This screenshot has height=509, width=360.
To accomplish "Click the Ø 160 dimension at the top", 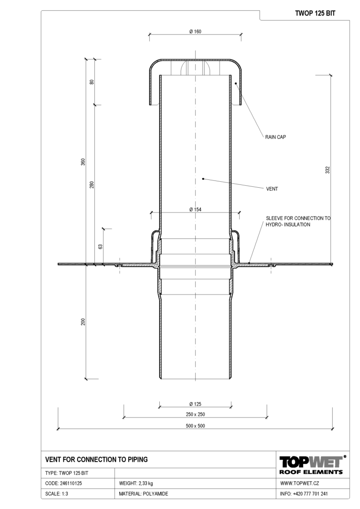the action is (x=195, y=32).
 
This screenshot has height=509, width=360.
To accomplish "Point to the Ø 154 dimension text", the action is (x=195, y=210).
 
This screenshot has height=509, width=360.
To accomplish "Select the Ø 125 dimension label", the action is (x=195, y=404).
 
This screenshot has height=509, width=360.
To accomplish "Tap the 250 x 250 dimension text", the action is (x=195, y=414).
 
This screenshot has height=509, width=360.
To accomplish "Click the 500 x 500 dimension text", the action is (x=195, y=426).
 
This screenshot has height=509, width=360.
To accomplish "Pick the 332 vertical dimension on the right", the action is (x=327, y=170).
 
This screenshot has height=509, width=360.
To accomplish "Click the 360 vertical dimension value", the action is (x=83, y=162).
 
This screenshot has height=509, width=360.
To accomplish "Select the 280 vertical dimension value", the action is (x=91, y=185).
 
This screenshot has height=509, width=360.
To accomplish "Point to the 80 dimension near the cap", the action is (x=91, y=82).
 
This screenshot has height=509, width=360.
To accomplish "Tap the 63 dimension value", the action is (x=100, y=247).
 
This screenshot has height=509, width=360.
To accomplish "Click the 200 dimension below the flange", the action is (x=83, y=322).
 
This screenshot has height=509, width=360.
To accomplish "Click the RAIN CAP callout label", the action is (x=275, y=137).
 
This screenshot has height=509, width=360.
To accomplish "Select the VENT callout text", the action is (x=272, y=189).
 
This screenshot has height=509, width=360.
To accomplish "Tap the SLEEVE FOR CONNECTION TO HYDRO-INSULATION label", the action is (x=298, y=221).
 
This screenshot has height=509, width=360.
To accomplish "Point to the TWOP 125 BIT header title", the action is (x=315, y=13).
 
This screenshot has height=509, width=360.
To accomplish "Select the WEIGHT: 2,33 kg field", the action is (x=136, y=483).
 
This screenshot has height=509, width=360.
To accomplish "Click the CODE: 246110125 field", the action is (x=63, y=483).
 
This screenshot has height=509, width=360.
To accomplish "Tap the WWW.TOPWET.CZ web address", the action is (x=299, y=483).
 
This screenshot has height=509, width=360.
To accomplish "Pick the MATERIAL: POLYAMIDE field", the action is (x=143, y=494).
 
